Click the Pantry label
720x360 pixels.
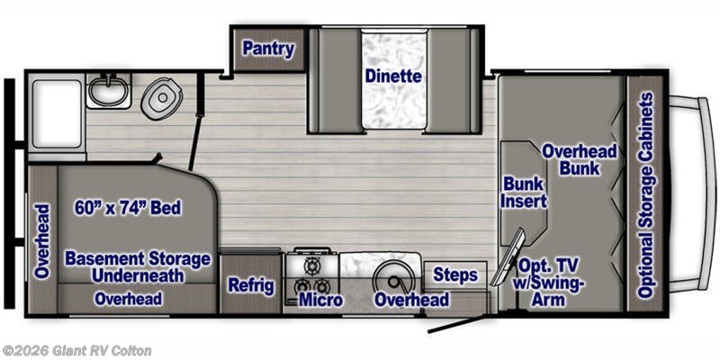click(268, 49)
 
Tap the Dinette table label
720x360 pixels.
click(393, 76)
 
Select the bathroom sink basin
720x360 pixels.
click(108, 89)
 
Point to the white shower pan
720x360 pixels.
click(57, 113)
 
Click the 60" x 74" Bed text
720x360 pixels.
click(128, 208)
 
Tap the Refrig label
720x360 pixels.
click(251, 285)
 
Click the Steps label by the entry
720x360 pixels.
click(455, 275)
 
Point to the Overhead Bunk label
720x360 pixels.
click(580, 160)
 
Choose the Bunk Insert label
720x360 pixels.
click(524, 193)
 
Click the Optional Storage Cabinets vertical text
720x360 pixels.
click(646, 195)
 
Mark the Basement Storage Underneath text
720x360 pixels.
click(138, 267)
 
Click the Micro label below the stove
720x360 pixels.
click(320, 300)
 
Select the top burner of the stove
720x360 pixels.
click(312, 265)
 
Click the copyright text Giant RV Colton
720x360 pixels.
click(76, 351)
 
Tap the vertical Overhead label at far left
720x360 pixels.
click(42, 241)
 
